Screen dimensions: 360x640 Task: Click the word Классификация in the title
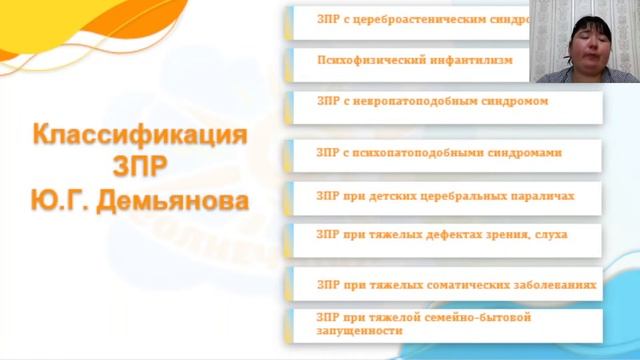139,134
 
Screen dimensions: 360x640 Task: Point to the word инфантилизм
470,60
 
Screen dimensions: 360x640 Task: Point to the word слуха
551,234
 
